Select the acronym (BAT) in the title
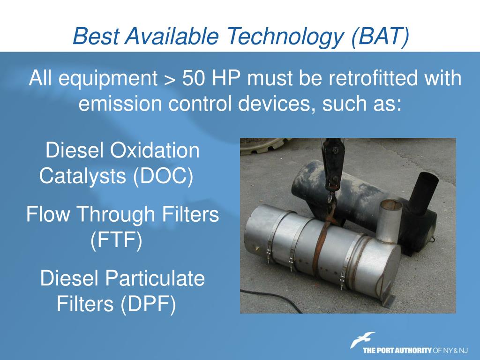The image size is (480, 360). click(380, 36)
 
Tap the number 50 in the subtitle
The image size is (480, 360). click(194, 78)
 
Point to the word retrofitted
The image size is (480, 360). click(373, 78)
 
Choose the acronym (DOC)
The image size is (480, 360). click(163, 176)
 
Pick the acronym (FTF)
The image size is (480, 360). click(116, 240)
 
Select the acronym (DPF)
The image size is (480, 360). click(148, 304)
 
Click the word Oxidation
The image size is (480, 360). click(155, 150)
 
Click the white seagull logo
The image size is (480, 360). click(362, 340)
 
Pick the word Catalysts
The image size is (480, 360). click(82, 176)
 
